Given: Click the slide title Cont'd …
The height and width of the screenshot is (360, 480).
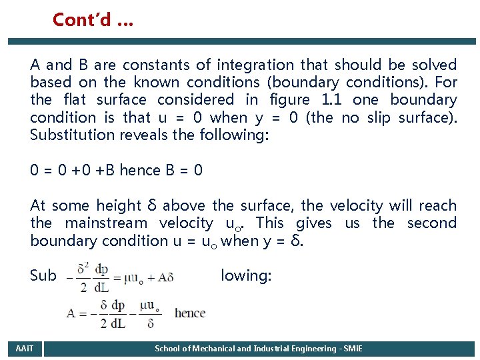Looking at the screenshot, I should pyautogui.click(x=93, y=20).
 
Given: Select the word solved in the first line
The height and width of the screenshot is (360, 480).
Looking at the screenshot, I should pyautogui.click(x=434, y=65).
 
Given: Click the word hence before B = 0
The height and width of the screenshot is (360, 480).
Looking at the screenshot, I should pyautogui.click(x=139, y=171).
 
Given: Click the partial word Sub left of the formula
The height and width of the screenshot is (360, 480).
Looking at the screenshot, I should pyautogui.click(x=43, y=275).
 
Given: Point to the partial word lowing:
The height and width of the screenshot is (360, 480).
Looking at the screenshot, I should pyautogui.click(x=246, y=275).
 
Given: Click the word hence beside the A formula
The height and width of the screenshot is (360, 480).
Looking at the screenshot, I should pyautogui.click(x=190, y=313).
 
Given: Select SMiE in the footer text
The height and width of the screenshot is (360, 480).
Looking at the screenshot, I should pyautogui.click(x=351, y=349).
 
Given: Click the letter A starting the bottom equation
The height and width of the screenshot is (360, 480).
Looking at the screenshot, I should pyautogui.click(x=71, y=313).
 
